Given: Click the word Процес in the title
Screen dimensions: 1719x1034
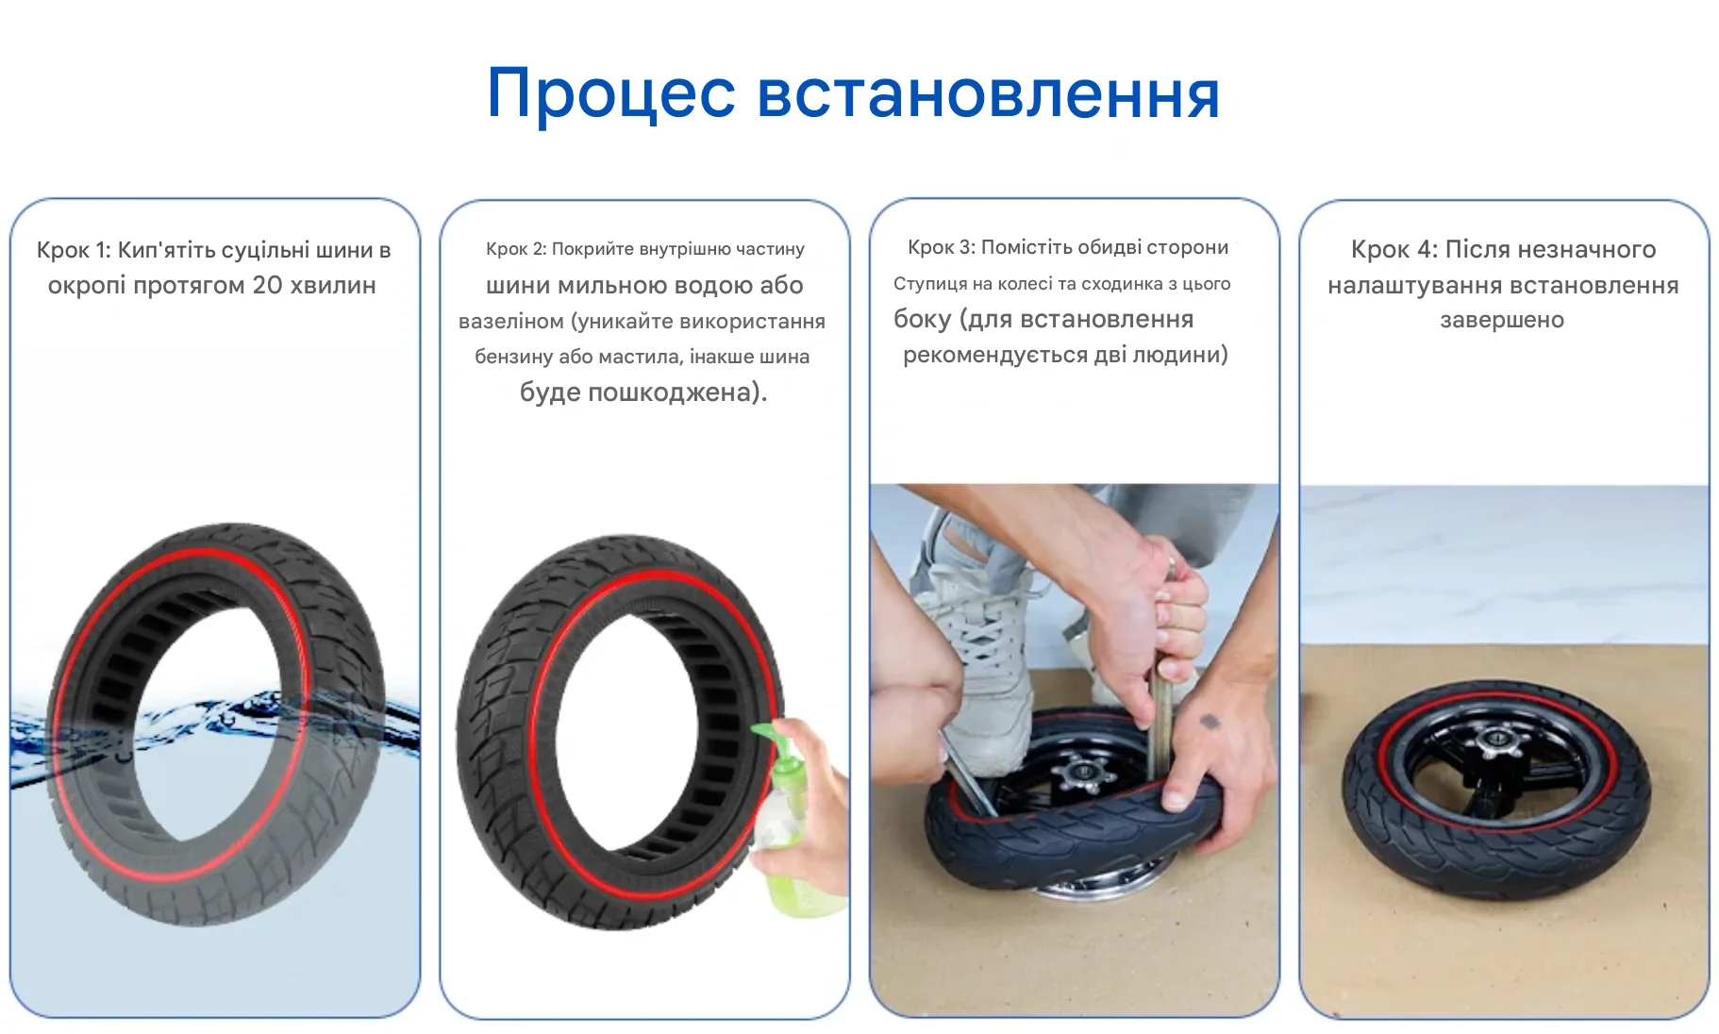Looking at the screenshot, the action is tap(610, 94).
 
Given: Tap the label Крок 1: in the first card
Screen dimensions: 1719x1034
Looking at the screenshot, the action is tap(74, 250).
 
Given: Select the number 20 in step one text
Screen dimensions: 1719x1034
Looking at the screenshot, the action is tap(267, 285).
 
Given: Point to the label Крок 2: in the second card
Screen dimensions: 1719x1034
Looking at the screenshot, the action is tap(516, 249).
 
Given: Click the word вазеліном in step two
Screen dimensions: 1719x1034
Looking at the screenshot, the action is tap(511, 322).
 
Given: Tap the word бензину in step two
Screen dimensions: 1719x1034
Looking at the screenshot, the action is tap(513, 358).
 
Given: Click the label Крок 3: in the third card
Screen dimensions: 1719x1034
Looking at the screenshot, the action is tap(941, 247).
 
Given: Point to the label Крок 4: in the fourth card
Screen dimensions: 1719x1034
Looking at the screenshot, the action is tap(1394, 250).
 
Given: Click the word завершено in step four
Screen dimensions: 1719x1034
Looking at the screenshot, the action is tap(1502, 321).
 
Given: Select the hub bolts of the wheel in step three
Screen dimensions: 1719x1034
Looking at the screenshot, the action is tap(1081, 775).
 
